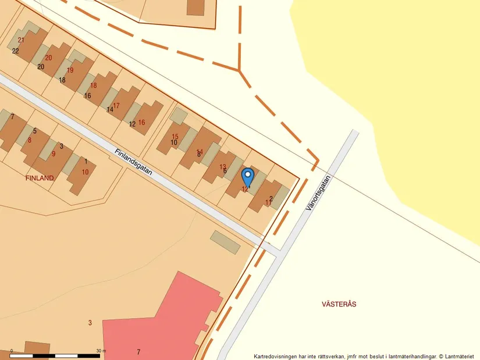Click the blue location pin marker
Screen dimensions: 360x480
pos(247,175)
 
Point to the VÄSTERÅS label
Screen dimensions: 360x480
pos(339,304)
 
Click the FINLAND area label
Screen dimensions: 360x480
pos(40,178)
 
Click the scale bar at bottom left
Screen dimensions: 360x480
pos(55,355)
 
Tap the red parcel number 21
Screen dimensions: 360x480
pos(22,40)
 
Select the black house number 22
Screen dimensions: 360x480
pos(16,51)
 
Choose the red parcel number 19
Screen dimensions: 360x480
pos(70,70)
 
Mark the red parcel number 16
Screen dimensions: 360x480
pos(141,122)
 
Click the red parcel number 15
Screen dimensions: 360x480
pos(175,136)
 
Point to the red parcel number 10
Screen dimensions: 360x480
pos(86,172)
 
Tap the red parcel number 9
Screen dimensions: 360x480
pos(54,154)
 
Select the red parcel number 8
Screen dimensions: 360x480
pos(30,140)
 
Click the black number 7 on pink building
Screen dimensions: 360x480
pos(138,352)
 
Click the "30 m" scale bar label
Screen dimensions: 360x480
pos(101,351)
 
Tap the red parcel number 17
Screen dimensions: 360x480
pos(116,105)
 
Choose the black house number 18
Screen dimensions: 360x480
pos(62,80)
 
